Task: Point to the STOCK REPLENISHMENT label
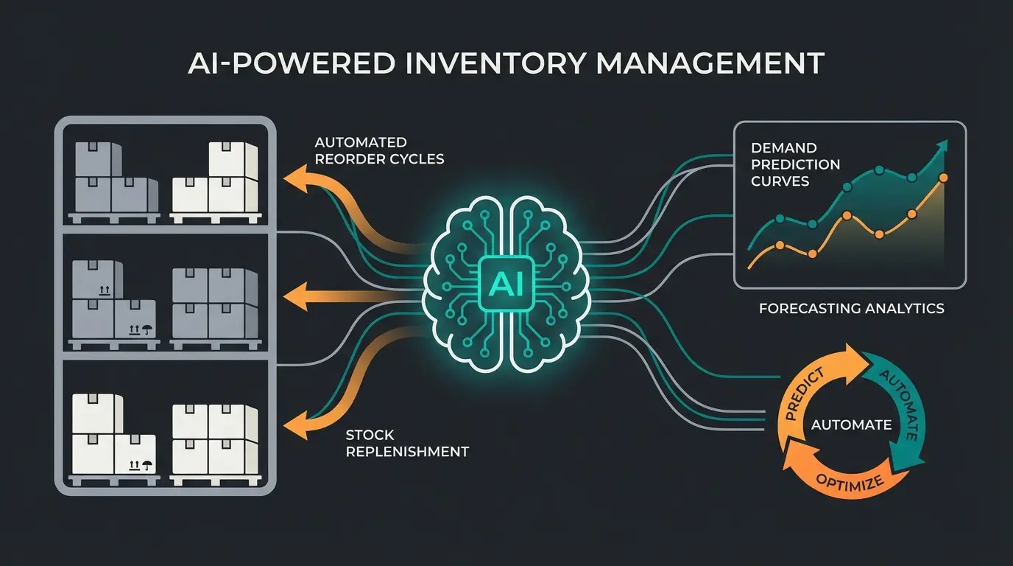pos(406,443)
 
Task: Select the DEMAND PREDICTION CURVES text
pos(795,165)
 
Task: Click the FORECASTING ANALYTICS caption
pos(851,309)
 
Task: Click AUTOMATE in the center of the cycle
pos(850,425)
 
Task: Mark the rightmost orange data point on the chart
pos(944,178)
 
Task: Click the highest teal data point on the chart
pos(878,170)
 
